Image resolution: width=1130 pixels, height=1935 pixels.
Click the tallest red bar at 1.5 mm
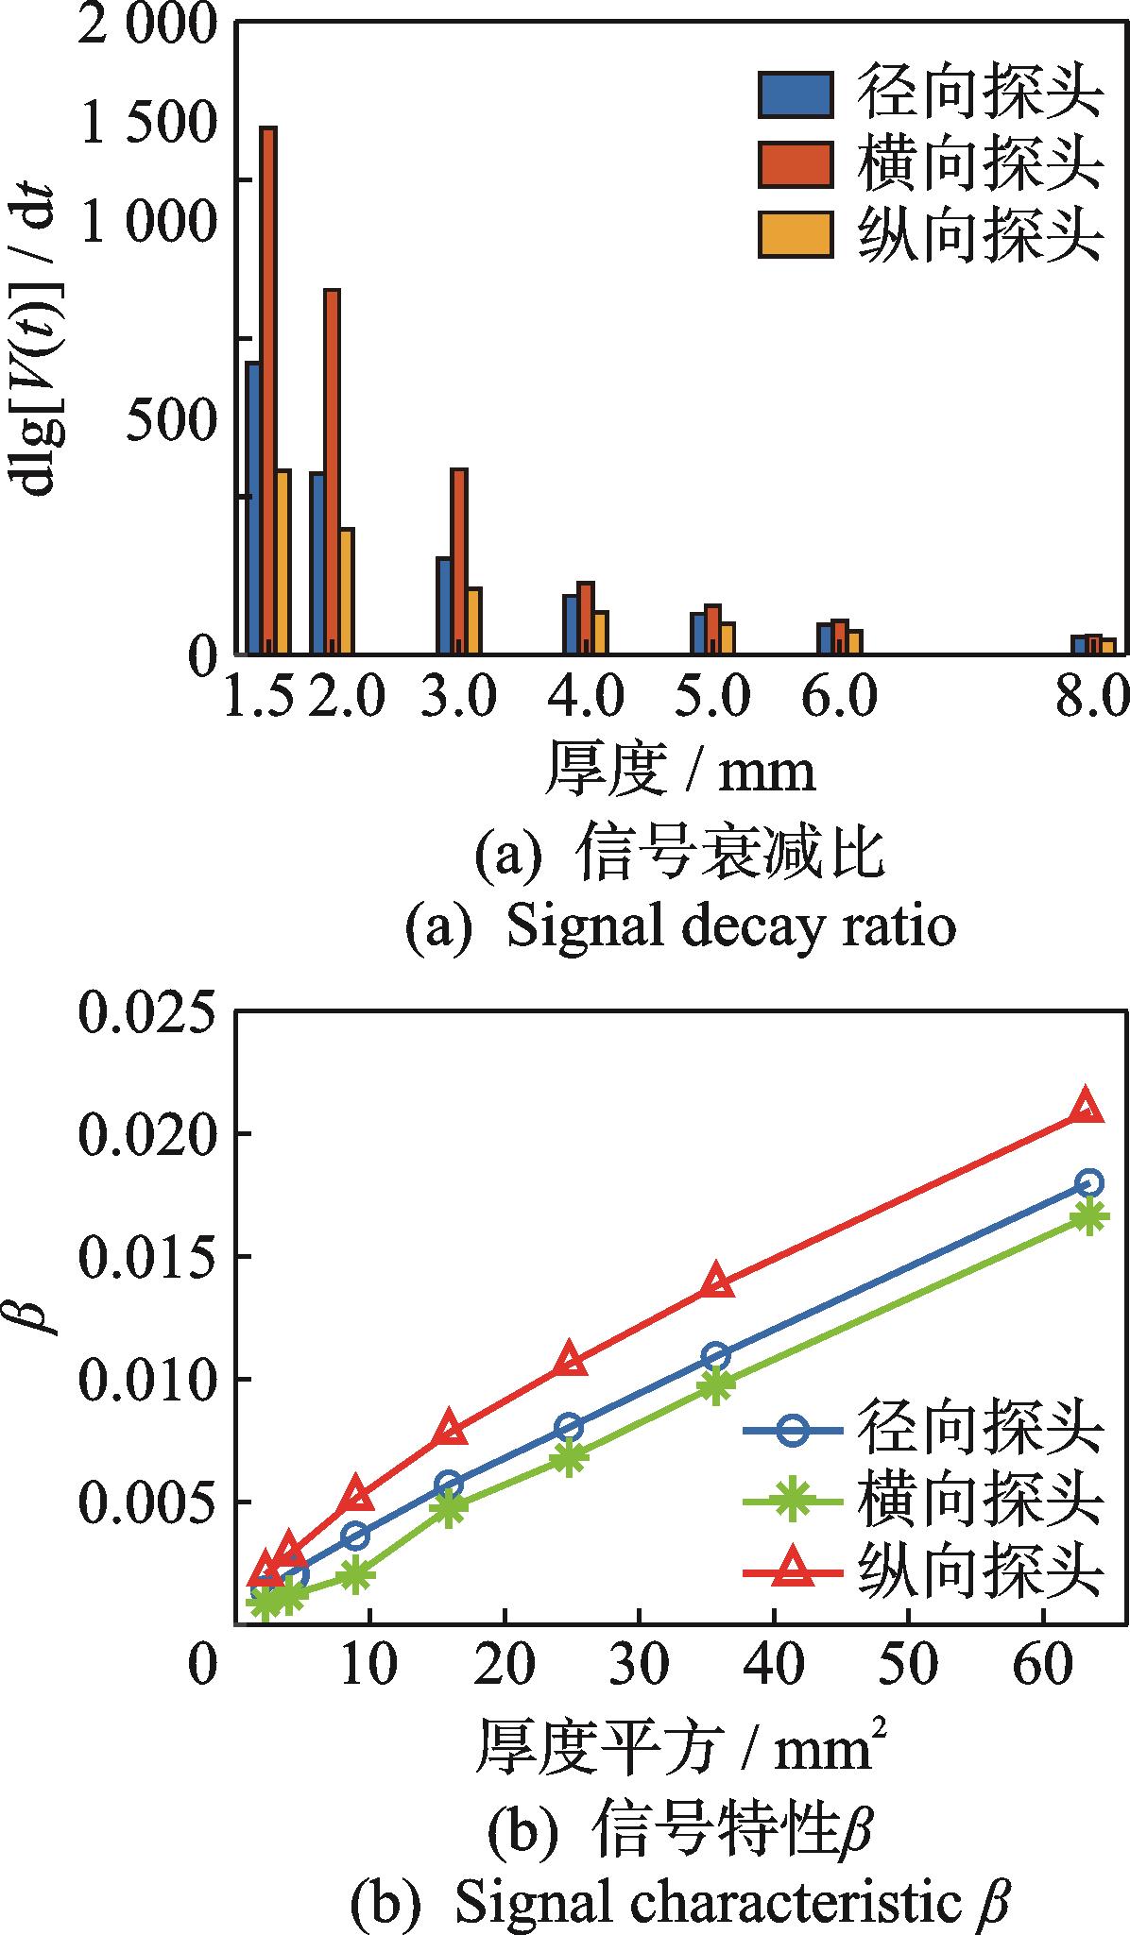[268, 387]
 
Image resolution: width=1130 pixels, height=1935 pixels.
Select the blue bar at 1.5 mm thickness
[253, 506]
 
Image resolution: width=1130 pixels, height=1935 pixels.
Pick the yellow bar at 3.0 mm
[474, 620]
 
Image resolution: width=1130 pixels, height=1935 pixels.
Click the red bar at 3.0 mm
[459, 560]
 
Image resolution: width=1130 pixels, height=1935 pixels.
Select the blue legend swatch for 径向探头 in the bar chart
[795, 94]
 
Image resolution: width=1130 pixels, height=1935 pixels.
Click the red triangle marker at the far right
[1087, 1107]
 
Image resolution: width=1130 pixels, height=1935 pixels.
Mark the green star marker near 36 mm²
[715, 1385]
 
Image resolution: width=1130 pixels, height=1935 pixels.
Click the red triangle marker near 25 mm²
[569, 1359]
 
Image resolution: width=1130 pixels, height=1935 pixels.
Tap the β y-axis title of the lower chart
[40, 1315]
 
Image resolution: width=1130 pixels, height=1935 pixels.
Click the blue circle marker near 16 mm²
[449, 1485]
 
